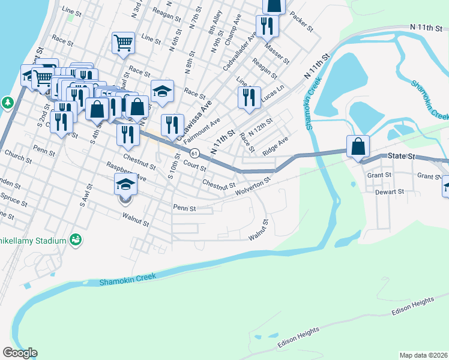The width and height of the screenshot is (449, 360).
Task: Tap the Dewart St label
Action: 391,192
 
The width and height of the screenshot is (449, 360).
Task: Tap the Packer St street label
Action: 301,21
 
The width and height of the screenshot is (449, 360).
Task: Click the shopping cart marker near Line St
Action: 123,43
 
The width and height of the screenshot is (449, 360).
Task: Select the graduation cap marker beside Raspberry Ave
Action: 125,184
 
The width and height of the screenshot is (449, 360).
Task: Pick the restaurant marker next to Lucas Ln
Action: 249,97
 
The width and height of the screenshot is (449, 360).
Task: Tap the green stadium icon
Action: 76,240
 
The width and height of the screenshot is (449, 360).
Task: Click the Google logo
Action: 20,353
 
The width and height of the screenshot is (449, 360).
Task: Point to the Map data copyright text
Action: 423,355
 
